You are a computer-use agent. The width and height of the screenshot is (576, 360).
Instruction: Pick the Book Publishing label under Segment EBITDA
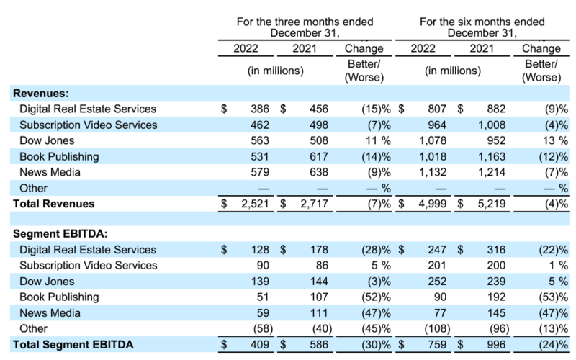pyautogui.click(x=59, y=297)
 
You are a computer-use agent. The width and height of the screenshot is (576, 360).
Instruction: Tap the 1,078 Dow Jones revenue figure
pyautogui.click(x=433, y=140)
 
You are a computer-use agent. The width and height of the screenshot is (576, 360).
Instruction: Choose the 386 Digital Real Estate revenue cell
pyautogui.click(x=259, y=109)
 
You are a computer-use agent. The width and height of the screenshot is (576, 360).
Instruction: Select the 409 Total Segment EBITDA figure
pyautogui.click(x=259, y=344)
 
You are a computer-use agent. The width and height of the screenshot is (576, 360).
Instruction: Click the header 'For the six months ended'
pyautogui.click(x=481, y=22)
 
